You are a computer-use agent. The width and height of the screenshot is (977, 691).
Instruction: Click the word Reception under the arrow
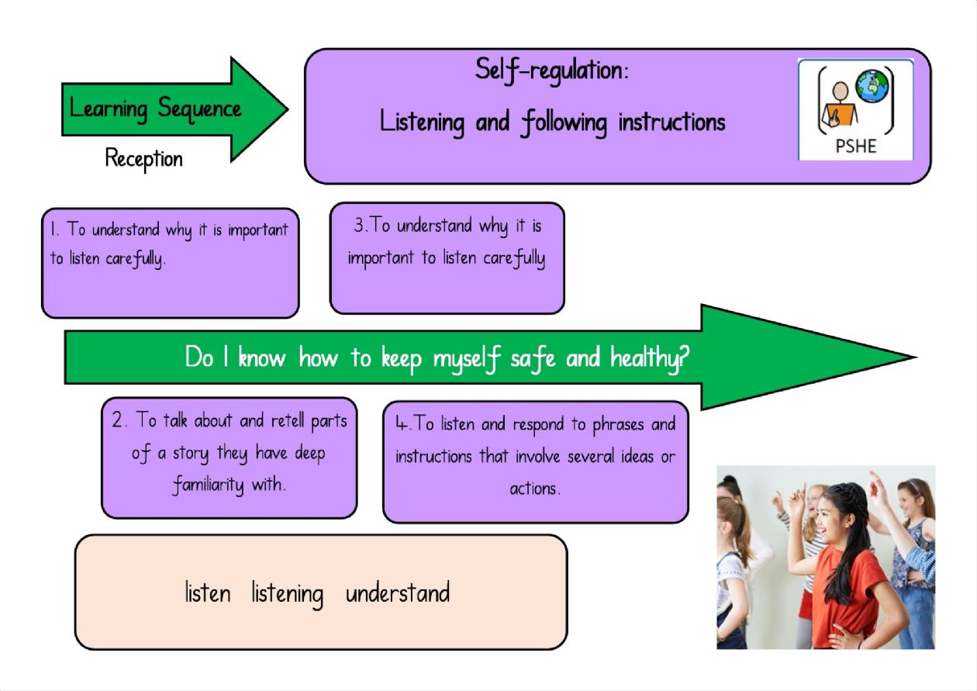coord(144,159)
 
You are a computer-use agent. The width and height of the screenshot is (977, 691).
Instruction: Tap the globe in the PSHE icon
coord(872,86)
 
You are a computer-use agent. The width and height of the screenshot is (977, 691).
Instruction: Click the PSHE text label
coord(856,146)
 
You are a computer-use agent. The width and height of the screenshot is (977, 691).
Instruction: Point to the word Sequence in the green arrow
coord(199,109)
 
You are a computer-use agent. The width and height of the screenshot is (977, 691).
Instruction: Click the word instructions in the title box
coord(671,123)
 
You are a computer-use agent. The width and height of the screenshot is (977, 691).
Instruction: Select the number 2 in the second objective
coord(118,420)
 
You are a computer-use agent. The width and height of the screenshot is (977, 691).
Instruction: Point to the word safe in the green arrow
coord(533,358)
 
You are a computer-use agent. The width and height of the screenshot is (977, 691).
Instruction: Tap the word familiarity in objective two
coord(209,484)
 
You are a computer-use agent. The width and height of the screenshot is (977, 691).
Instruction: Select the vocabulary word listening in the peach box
coord(288,594)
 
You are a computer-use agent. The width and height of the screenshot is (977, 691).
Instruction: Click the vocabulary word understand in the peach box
coord(397,593)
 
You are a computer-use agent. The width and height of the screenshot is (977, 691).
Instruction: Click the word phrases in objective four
coord(618,425)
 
